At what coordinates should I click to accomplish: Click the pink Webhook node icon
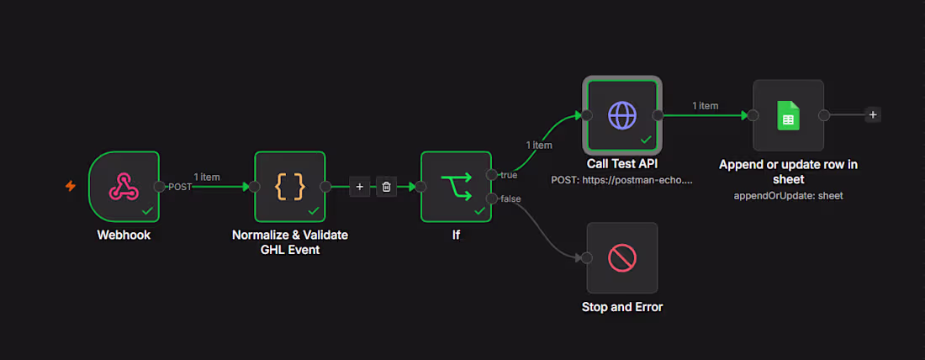124,186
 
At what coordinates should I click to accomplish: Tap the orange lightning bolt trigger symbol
71,187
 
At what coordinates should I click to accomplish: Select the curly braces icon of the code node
289,186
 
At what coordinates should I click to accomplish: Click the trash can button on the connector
387,187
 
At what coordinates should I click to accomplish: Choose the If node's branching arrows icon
456,187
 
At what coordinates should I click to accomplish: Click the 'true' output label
509,175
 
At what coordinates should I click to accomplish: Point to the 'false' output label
510,199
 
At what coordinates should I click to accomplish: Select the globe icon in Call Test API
622,116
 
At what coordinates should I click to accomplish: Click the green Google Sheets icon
788,115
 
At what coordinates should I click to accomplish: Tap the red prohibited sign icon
622,258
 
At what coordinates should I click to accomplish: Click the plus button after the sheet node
873,115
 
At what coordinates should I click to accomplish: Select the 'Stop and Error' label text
622,307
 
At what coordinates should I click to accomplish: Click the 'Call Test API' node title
622,163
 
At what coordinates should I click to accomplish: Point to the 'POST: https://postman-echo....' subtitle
621,180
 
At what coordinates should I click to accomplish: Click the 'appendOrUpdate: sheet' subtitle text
788,196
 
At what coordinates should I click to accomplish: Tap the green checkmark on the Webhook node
148,210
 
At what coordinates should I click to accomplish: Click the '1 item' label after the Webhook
207,177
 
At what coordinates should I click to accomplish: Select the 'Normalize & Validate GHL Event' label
289,242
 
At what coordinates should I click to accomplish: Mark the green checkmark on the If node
480,210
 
